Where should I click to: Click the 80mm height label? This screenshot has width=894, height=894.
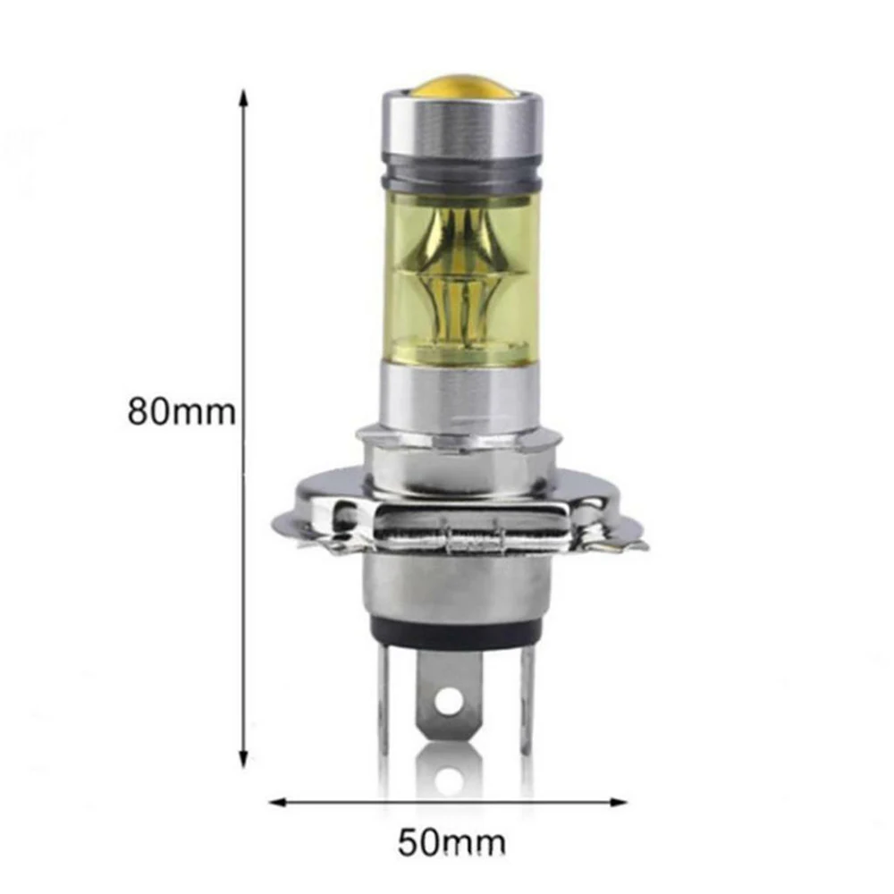[x=181, y=413]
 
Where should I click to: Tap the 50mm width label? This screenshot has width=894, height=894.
[x=451, y=841]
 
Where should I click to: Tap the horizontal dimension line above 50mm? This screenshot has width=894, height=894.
[x=451, y=802]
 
